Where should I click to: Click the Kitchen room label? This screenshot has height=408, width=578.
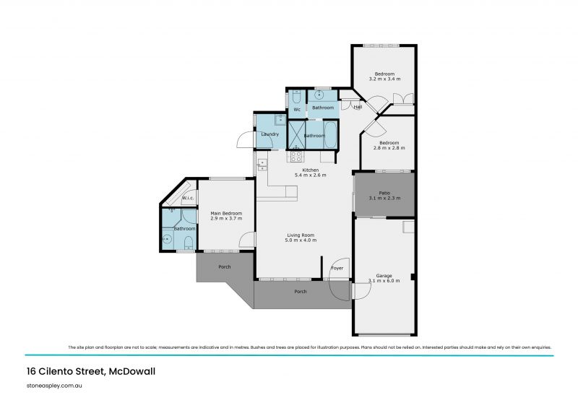(x=310, y=170)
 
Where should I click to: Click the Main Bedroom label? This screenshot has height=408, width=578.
(x=226, y=213)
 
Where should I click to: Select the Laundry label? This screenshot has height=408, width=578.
(x=269, y=134)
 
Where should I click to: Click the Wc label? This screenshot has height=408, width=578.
(x=296, y=109)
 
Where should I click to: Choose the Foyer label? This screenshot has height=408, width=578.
(x=337, y=268)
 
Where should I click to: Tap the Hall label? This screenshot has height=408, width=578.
(x=358, y=108)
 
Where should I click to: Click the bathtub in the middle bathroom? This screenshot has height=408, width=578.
(x=329, y=134)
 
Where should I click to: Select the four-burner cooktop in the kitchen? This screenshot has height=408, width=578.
(x=296, y=156)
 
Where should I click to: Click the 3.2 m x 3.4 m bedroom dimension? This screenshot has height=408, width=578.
(x=384, y=79)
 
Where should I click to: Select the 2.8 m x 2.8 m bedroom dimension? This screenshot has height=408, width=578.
(x=389, y=147)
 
